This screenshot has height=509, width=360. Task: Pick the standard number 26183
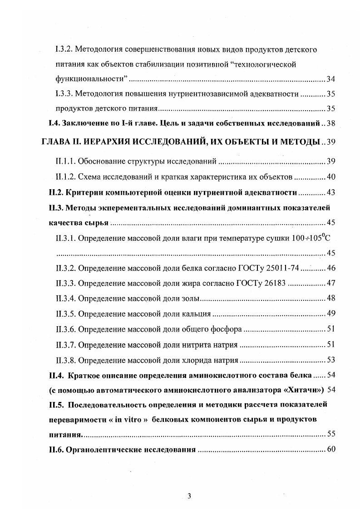pyautogui.click(x=273, y=284)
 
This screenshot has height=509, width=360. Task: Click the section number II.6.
pyautogui.click(x=57, y=450)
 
